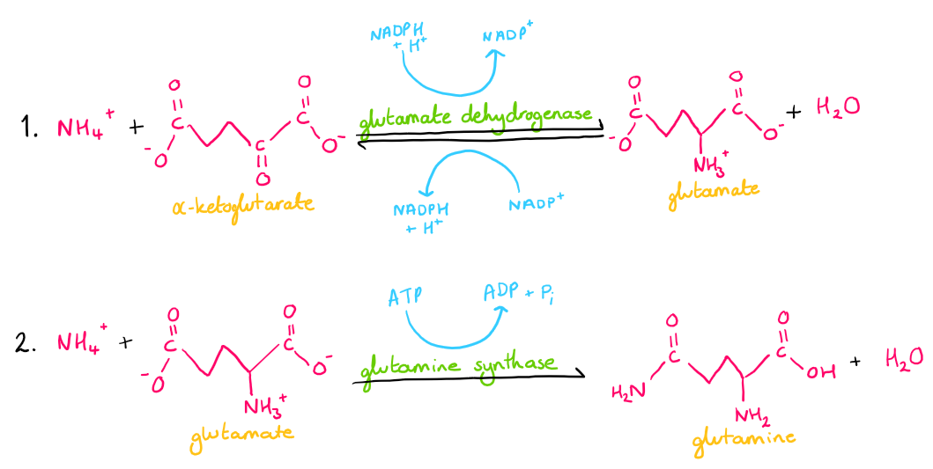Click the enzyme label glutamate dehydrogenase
[x=477, y=117]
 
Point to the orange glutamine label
[x=745, y=437]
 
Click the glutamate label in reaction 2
[x=241, y=432]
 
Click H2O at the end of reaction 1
[x=837, y=108]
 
